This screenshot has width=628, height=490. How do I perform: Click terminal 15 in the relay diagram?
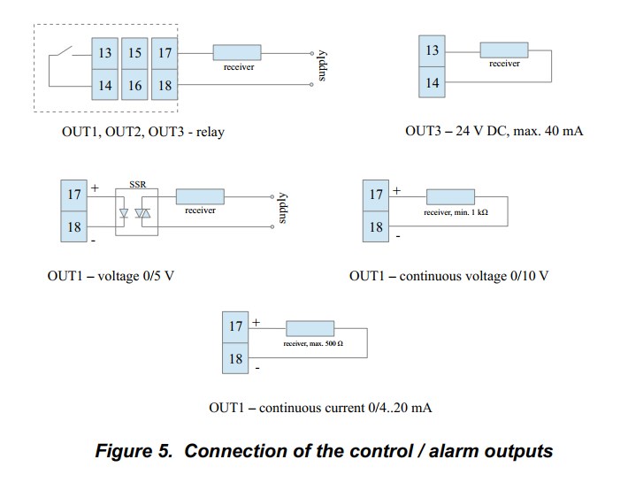coord(134,53)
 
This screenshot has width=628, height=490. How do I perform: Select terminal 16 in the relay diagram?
coord(134,86)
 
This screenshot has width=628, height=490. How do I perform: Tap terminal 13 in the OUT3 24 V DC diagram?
coord(432,51)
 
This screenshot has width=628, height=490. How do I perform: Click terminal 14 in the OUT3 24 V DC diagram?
coord(432,83)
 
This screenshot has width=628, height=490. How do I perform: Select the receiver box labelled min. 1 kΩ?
coord(449,196)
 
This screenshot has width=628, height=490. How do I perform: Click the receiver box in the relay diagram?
coord(236,52)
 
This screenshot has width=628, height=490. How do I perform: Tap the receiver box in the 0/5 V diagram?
coord(199,195)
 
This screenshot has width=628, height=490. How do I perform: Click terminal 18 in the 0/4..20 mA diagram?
coord(235,358)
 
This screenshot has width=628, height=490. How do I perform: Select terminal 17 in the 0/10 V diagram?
coord(376,195)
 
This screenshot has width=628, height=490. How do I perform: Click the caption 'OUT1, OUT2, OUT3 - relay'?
coord(142,132)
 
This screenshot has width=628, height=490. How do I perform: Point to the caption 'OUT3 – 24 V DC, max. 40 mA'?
coord(494,131)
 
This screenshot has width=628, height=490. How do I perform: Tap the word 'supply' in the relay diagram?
coord(322,65)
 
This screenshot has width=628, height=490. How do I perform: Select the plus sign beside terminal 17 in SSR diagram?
coord(95,188)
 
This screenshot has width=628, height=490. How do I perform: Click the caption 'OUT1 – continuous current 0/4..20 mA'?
coord(319,408)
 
